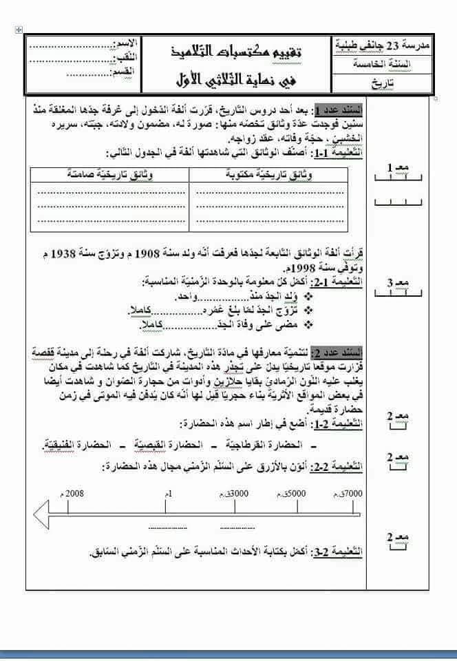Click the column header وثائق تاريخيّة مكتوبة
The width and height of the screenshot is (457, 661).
pos(273,175)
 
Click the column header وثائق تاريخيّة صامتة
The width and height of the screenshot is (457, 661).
pos(110,175)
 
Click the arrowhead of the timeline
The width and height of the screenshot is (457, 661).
pos(41,513)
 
